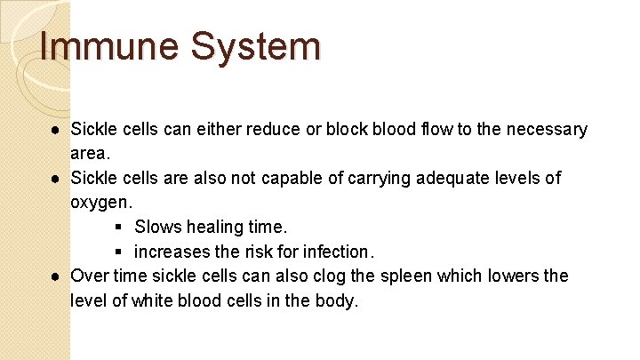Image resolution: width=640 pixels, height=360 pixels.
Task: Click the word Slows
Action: [157, 227]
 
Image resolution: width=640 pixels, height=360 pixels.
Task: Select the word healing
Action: [213, 227]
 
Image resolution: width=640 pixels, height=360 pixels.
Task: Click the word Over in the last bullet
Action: [89, 276]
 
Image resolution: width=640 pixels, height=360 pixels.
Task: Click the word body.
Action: [338, 300]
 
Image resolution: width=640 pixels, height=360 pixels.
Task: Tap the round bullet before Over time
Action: [55, 276]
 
